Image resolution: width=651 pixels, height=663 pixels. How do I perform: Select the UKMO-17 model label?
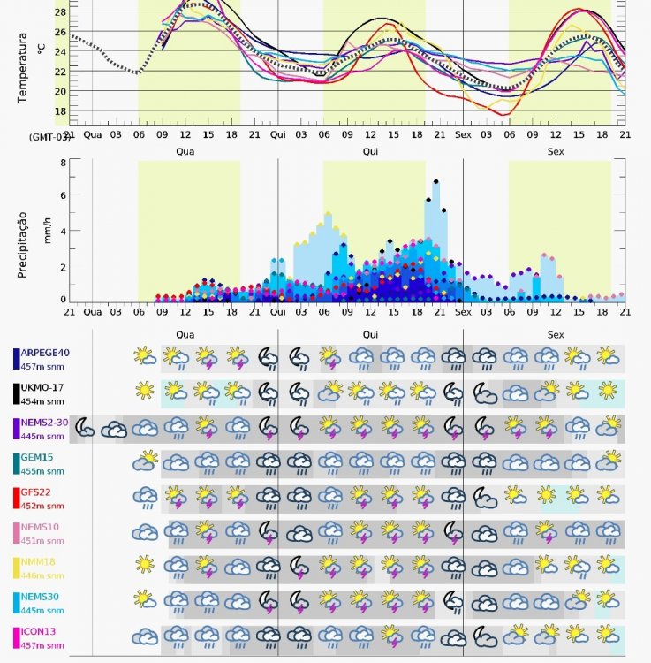(x=43, y=387)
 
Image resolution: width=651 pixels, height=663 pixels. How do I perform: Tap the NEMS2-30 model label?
(x=45, y=423)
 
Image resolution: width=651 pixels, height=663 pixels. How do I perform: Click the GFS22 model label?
(x=39, y=493)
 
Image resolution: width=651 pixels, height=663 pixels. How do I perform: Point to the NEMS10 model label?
(x=41, y=529)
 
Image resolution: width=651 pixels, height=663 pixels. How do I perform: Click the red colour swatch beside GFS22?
(x=16, y=499)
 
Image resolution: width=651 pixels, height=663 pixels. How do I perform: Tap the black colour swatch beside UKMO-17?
(x=16, y=392)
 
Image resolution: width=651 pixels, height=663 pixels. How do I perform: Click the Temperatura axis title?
(x=24, y=68)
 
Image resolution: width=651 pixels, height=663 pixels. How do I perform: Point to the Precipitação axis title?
(x=24, y=244)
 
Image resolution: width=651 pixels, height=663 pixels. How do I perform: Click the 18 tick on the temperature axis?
(x=60, y=111)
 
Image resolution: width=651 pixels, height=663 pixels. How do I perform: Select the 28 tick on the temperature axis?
(x=60, y=12)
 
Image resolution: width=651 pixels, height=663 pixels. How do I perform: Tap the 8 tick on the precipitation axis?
(x=63, y=163)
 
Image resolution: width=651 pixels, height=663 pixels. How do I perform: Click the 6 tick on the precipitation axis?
(x=63, y=196)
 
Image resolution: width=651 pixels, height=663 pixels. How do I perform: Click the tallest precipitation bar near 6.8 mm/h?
(x=436, y=239)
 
